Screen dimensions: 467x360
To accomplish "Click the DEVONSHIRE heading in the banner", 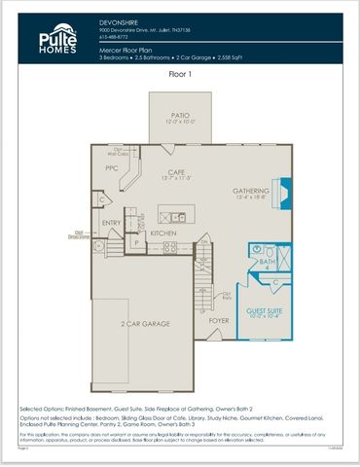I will [119, 20].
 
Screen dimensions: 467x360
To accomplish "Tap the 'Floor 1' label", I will [180, 74].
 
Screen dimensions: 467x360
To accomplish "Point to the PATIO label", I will [175, 116].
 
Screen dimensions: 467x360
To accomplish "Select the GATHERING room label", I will [250, 191].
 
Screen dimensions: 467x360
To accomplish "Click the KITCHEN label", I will [162, 233].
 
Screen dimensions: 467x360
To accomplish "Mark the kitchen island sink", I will [177, 215].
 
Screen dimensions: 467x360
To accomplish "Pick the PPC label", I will [111, 168].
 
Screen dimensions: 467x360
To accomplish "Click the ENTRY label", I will [112, 223].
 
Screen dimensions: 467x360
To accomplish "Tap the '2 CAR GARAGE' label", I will [144, 322].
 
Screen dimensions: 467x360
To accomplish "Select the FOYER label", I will [219, 319].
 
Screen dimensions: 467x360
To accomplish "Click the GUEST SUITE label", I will [263, 310].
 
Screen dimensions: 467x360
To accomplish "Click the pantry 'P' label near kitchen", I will [136, 243].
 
